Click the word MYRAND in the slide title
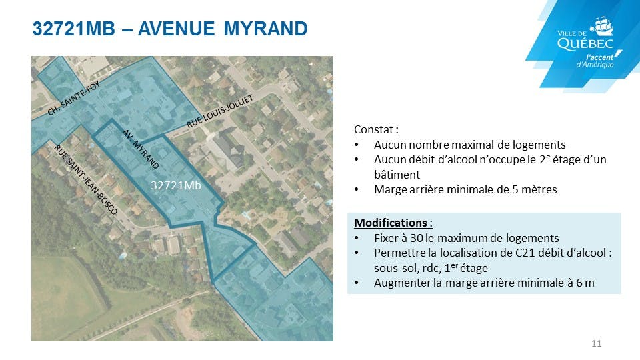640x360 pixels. click(x=266, y=29)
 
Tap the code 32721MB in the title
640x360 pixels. click(x=74, y=29)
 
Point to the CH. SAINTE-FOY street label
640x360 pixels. click(x=73, y=98)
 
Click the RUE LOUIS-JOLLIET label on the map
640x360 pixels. click(x=219, y=111)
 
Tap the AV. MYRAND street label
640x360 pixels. click(x=141, y=149)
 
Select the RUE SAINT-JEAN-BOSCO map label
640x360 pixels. click(x=86, y=180)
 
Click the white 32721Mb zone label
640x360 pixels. click(x=176, y=186)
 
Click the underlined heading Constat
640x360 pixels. click(x=376, y=130)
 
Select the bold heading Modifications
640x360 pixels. click(x=393, y=223)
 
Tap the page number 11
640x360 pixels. click(x=596, y=344)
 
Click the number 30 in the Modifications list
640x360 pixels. click(x=416, y=238)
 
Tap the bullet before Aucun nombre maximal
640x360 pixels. click(x=357, y=145)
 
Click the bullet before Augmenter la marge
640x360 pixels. click(x=357, y=283)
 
